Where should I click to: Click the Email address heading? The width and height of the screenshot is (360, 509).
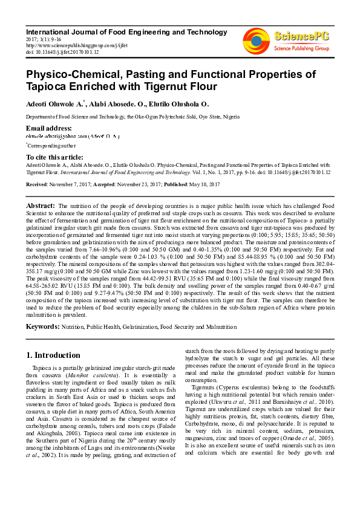point(49,128)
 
